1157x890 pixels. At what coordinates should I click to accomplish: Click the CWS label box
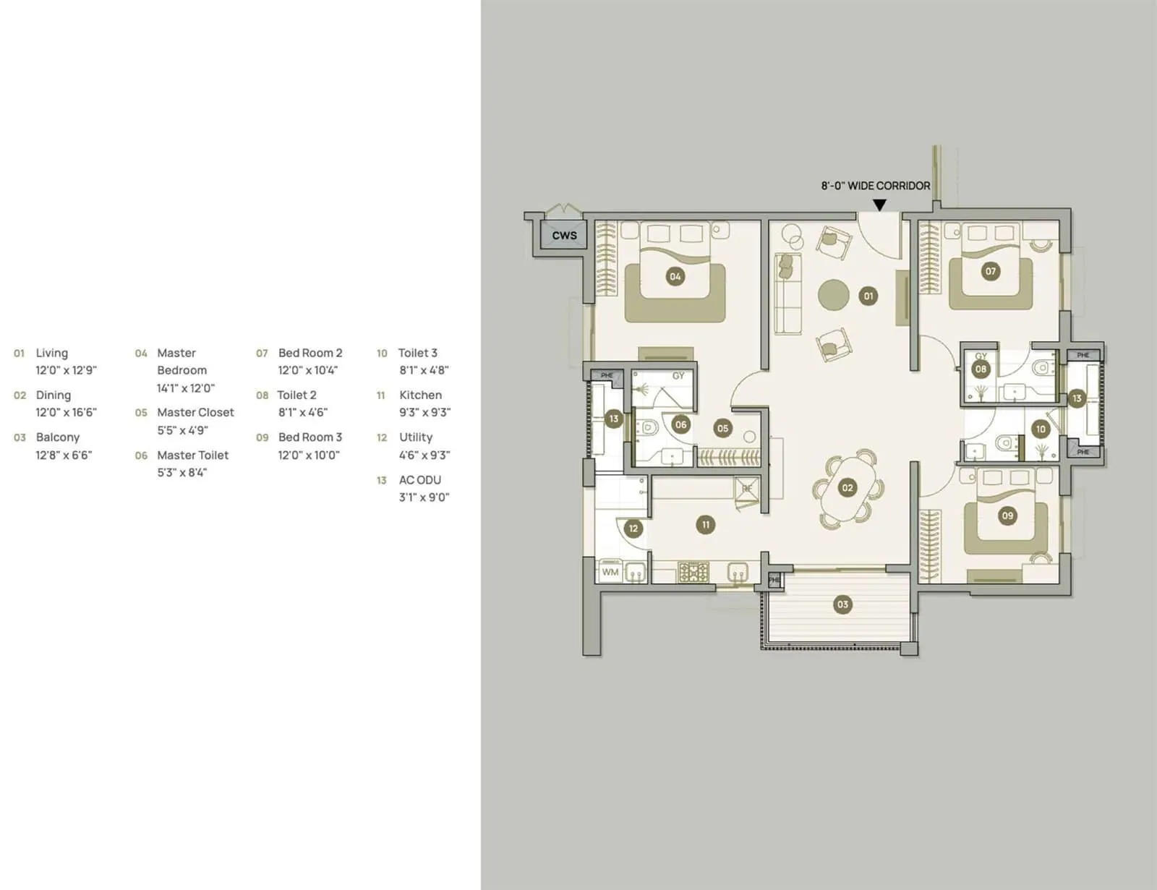click(x=564, y=236)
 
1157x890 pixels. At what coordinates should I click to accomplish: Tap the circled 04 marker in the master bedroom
click(x=675, y=276)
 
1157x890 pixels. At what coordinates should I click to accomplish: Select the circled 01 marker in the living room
click(x=868, y=295)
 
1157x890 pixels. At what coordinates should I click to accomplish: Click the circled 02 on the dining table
click(x=847, y=488)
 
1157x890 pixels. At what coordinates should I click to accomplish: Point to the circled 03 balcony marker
click(x=842, y=604)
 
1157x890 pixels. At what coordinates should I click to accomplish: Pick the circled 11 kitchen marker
click(x=706, y=525)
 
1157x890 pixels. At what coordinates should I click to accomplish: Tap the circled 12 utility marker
click(x=633, y=529)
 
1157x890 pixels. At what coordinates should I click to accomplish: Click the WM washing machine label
click(x=610, y=572)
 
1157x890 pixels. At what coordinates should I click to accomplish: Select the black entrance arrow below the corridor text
click(x=879, y=205)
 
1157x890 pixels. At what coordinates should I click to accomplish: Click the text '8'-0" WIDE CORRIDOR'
click(x=875, y=186)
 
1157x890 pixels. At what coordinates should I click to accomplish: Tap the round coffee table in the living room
click(x=834, y=294)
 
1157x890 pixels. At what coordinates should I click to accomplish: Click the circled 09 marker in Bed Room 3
click(x=1007, y=515)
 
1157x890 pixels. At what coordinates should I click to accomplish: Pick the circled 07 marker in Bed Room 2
click(x=990, y=271)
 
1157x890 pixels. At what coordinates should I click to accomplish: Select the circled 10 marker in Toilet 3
click(x=1041, y=429)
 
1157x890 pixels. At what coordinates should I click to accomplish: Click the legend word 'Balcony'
click(x=58, y=437)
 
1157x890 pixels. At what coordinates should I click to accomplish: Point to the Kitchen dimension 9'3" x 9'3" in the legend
click(x=424, y=413)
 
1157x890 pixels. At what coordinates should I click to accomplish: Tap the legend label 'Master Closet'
click(x=195, y=413)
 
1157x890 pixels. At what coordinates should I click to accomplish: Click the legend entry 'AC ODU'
click(x=419, y=480)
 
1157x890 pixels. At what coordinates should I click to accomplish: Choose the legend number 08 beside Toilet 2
click(x=262, y=395)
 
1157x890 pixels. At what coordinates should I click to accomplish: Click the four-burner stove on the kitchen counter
click(x=693, y=573)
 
